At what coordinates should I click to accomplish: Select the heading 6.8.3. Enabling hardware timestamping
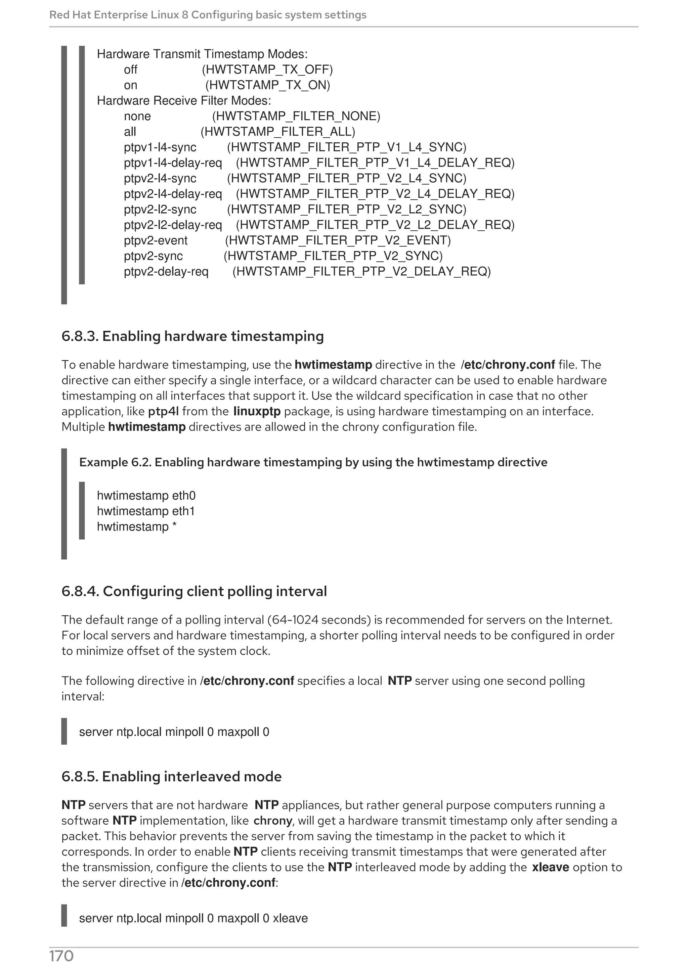coord(192,336)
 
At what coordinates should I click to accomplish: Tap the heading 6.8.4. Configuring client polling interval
coord(194,591)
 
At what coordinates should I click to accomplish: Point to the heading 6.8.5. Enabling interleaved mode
coord(171,776)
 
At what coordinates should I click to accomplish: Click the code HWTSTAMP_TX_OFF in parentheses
coord(267,69)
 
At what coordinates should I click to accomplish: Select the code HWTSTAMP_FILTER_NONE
coord(296,116)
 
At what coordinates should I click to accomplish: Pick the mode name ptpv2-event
coord(156,240)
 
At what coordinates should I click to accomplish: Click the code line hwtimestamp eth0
coord(146,496)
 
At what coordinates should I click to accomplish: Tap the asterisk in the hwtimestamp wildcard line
coord(174,526)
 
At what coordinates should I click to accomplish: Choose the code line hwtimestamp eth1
coord(146,511)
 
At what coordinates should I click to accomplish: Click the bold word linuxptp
coord(257,411)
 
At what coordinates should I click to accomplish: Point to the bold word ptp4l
coord(163,411)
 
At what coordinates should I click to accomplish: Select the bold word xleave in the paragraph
coord(550,867)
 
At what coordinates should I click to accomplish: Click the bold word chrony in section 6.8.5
coord(272,821)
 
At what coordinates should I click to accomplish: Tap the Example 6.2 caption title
coord(313,462)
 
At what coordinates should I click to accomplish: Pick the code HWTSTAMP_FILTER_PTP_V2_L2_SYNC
coord(346,210)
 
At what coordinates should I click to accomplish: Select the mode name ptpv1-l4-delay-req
coord(173,163)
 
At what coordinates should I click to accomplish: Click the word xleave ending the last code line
coord(290,918)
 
